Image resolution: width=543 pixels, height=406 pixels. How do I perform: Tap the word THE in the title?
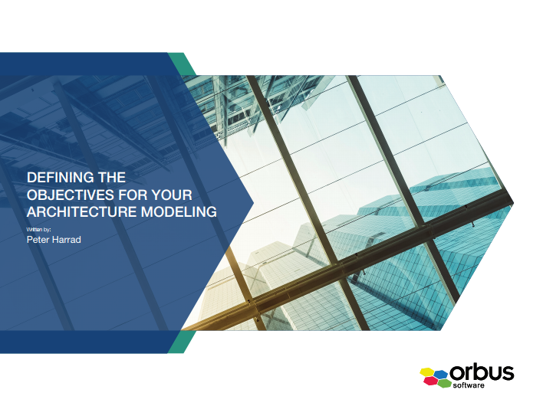[x=111, y=178]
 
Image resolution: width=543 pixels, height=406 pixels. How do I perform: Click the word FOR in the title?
[x=139, y=194]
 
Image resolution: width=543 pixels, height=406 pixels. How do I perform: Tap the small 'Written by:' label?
[x=38, y=228]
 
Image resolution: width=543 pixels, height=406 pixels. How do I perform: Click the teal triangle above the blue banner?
[x=178, y=62]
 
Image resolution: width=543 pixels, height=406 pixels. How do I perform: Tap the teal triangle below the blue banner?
[x=178, y=342]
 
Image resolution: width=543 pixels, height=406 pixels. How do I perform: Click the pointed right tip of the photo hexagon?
[x=512, y=203]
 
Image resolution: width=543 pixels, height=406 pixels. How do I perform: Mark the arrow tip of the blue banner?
[x=252, y=203]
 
